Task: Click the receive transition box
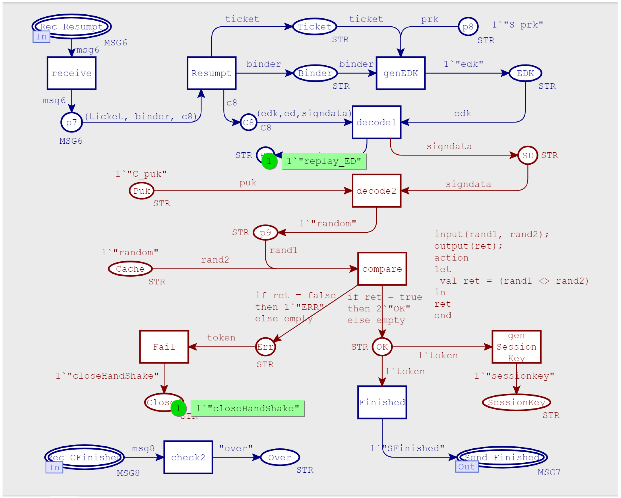71,73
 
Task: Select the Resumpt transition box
211,73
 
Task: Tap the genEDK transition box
400,73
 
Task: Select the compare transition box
382,269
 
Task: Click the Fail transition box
164,347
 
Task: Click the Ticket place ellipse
314,27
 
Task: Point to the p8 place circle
468,27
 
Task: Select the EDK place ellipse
525,73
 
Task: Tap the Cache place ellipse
130,269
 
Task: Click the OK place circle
382,347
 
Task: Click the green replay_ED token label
324,161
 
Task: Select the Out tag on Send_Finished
467,466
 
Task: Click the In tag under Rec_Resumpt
41,37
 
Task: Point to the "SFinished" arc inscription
407,448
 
